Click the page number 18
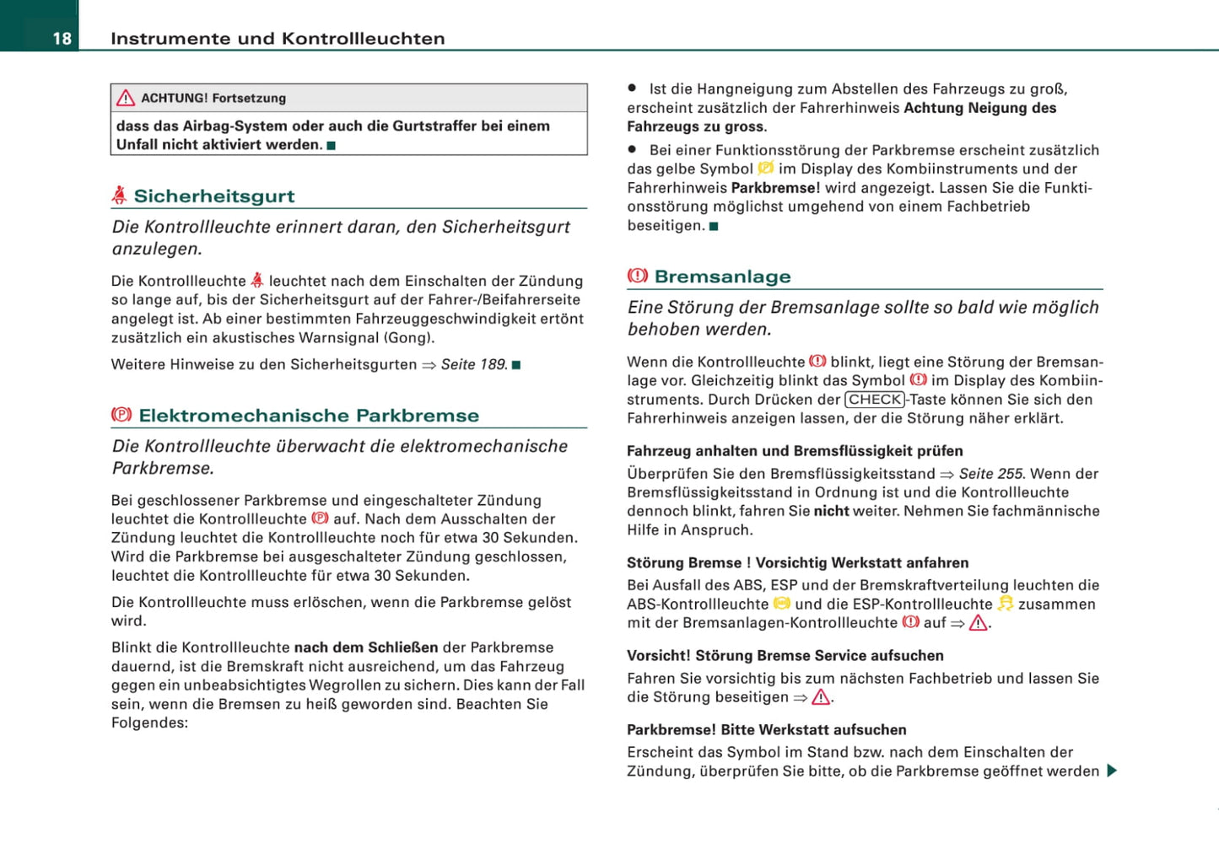(x=62, y=39)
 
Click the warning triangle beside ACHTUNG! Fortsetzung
(x=126, y=99)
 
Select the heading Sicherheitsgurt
(x=214, y=196)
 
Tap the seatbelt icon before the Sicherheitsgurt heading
(x=120, y=196)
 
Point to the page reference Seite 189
(x=473, y=365)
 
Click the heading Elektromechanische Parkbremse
(x=309, y=416)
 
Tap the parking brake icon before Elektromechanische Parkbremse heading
(x=121, y=415)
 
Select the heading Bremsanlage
(x=723, y=277)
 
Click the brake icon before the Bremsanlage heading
(x=638, y=276)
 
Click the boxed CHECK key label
(x=875, y=400)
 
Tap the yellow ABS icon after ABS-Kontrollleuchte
(x=782, y=604)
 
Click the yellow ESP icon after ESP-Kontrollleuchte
(x=1006, y=604)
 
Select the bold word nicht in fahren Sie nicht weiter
(x=831, y=511)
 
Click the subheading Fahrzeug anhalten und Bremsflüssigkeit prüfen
(x=795, y=451)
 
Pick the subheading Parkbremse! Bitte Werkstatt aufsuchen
(x=766, y=730)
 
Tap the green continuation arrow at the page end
(x=1112, y=771)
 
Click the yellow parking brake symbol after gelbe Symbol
(x=766, y=169)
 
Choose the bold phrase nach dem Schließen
(x=366, y=647)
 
